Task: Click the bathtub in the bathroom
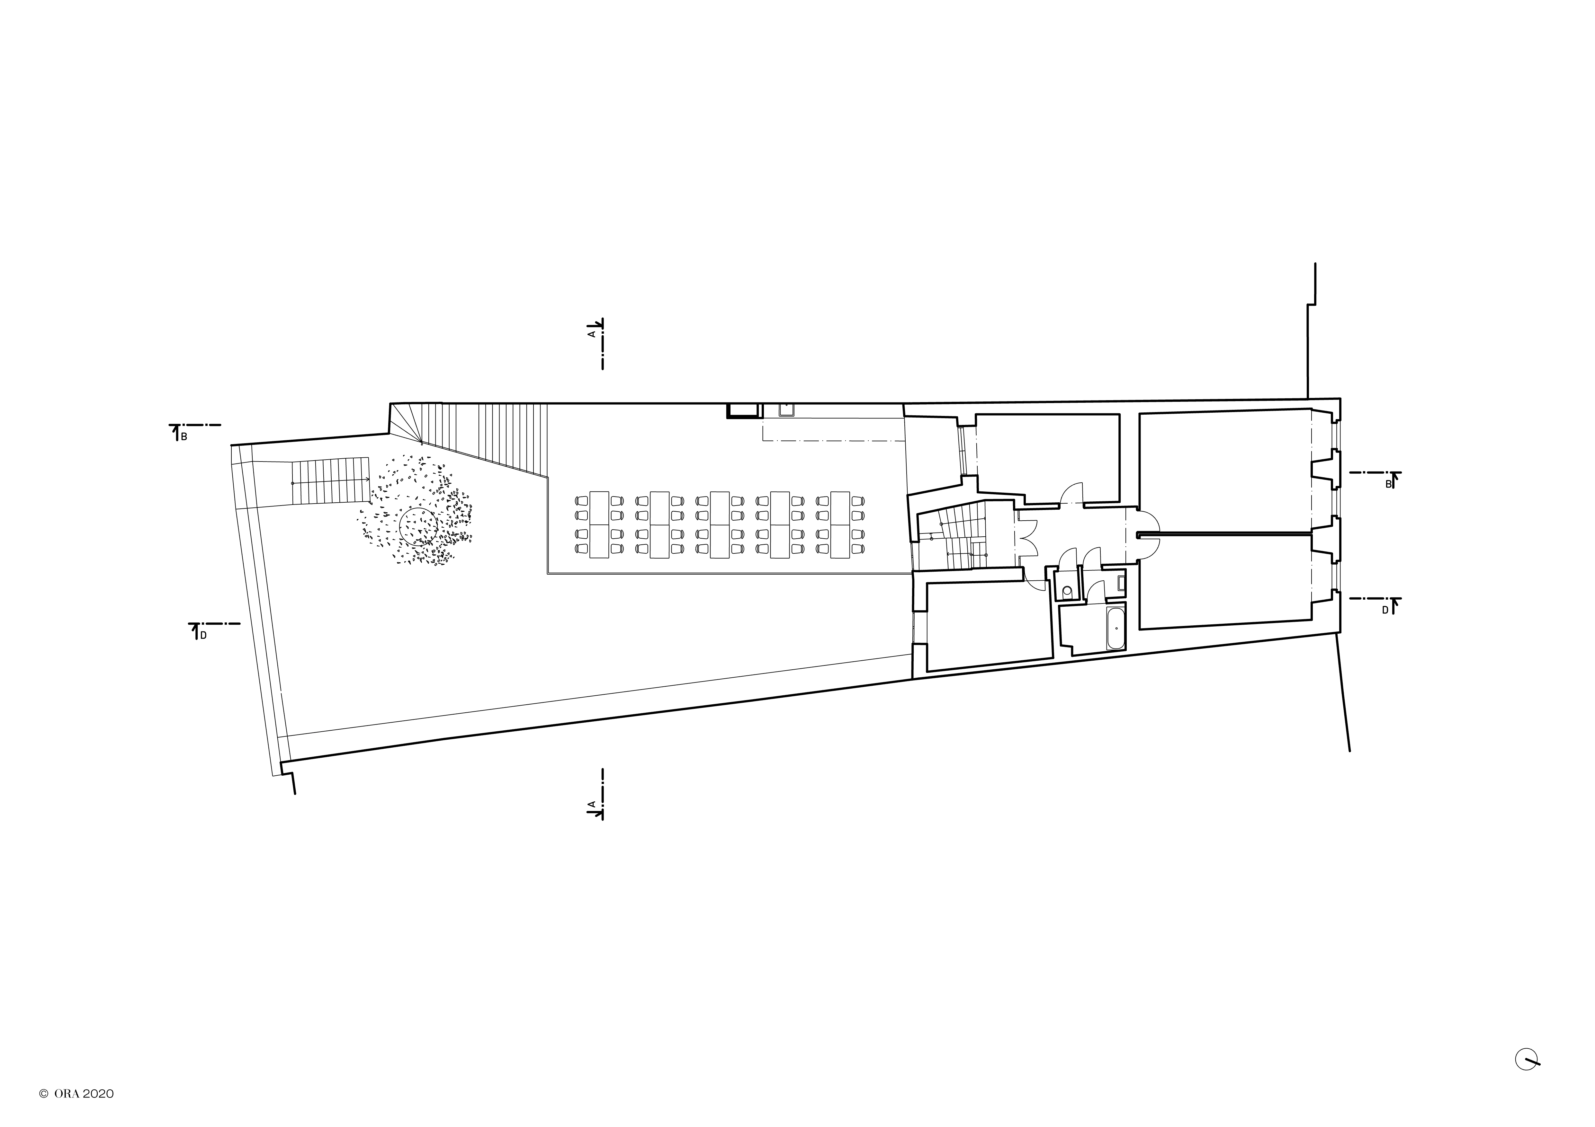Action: (x=1116, y=629)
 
